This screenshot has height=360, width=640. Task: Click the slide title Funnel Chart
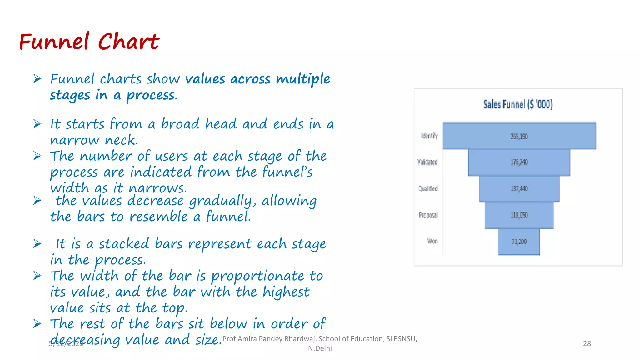click(89, 42)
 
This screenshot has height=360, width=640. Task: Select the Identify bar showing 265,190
click(519, 136)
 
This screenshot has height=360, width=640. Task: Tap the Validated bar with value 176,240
click(519, 162)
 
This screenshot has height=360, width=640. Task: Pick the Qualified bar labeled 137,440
click(519, 188)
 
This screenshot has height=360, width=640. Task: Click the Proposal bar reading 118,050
click(519, 215)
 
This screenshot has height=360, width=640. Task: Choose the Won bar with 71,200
click(519, 242)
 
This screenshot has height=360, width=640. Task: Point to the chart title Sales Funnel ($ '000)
click(518, 104)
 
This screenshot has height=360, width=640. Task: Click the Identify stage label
click(429, 136)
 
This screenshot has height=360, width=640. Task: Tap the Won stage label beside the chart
click(432, 241)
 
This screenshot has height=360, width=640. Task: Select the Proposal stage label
click(428, 215)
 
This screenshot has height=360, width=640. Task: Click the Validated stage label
click(427, 162)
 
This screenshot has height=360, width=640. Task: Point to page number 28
click(587, 343)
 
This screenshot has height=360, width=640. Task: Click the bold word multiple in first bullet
click(303, 79)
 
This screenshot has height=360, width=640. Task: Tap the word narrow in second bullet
click(75, 140)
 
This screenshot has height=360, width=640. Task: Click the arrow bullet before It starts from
click(37, 124)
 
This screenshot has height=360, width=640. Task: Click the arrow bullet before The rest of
click(37, 324)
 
